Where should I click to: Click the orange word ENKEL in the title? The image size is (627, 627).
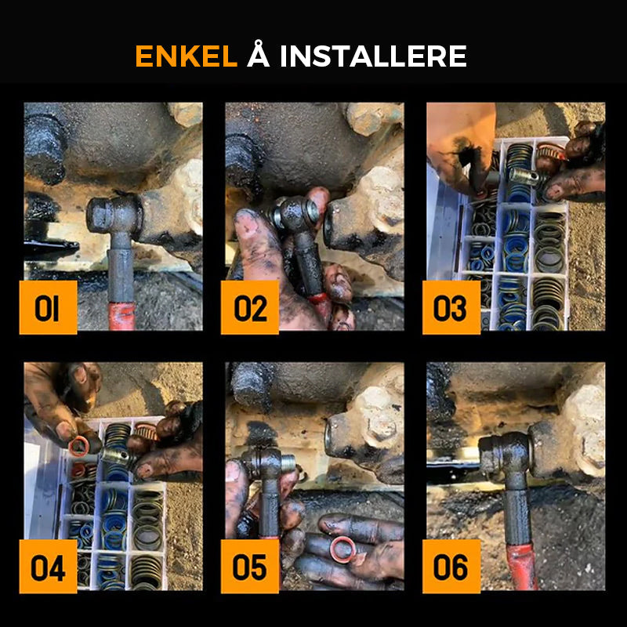[x=187, y=56]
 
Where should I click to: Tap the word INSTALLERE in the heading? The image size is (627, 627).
[x=374, y=56]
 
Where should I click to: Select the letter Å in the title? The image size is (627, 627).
[x=259, y=53]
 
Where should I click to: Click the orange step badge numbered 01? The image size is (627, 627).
[x=48, y=307]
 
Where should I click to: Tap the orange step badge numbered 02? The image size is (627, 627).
[x=250, y=307]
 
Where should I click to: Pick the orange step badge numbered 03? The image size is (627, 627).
[x=451, y=307]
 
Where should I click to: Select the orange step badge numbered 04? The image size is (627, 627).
[x=48, y=566]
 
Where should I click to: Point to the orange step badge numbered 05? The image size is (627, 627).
[x=250, y=566]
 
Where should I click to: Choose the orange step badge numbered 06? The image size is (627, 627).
[x=451, y=566]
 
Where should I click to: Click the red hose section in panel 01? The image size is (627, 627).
[x=122, y=316]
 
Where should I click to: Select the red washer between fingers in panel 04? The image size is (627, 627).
[x=80, y=446]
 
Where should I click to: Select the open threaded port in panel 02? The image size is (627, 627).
[x=328, y=229]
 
